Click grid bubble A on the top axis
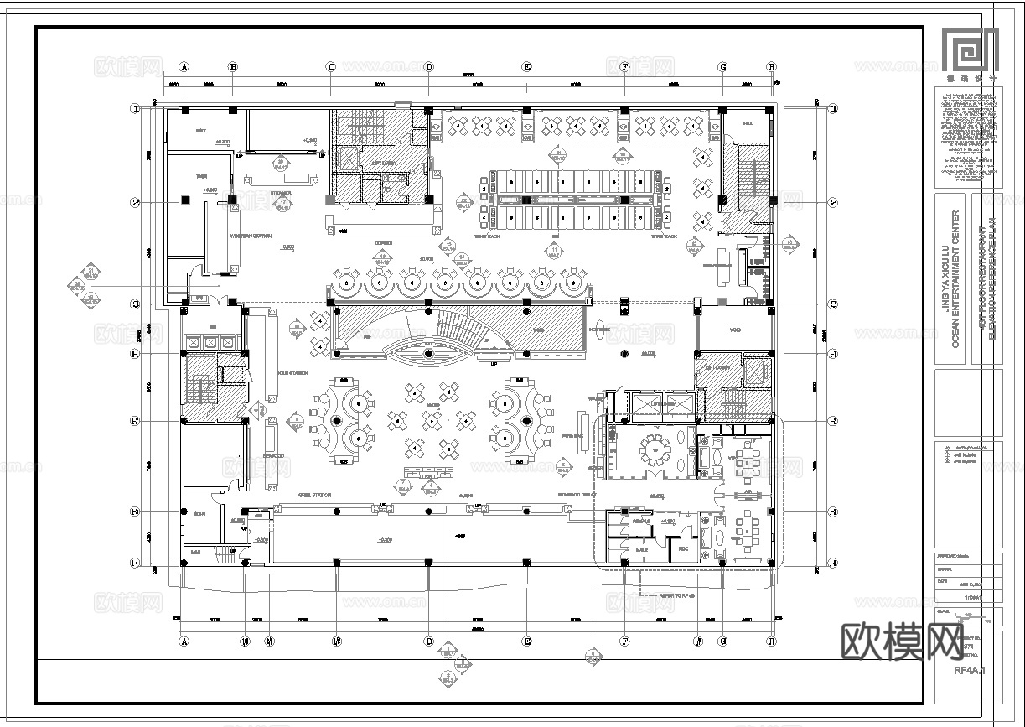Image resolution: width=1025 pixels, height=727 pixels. click(184, 66)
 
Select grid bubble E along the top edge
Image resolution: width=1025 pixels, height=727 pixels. click(527, 66)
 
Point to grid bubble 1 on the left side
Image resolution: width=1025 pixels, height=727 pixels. click(134, 108)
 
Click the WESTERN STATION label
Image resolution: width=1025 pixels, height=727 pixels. click(251, 236)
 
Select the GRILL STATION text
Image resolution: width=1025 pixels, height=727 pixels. click(314, 496)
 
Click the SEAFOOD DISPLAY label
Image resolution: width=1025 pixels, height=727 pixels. click(577, 496)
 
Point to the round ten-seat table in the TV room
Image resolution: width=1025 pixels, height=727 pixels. click(654, 450)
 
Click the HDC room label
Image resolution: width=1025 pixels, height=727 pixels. click(682, 549)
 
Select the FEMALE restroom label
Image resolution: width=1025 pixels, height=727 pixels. click(642, 522)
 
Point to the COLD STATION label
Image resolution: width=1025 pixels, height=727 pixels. click(292, 371)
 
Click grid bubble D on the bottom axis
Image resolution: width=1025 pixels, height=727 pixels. click(428, 641)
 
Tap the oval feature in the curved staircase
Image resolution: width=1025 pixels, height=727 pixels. click(428, 354)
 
